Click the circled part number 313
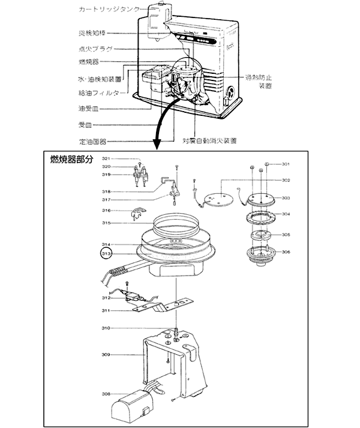(x=106, y=255)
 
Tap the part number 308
(x=106, y=394)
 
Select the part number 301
(x=286, y=164)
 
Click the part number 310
(x=106, y=328)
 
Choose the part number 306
(x=286, y=252)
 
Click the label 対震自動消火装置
(x=210, y=141)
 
